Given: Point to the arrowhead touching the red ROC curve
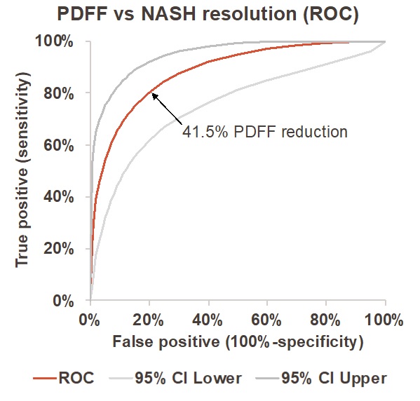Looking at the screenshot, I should click(x=153, y=95).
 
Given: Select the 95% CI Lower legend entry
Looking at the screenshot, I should click(x=182, y=379).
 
